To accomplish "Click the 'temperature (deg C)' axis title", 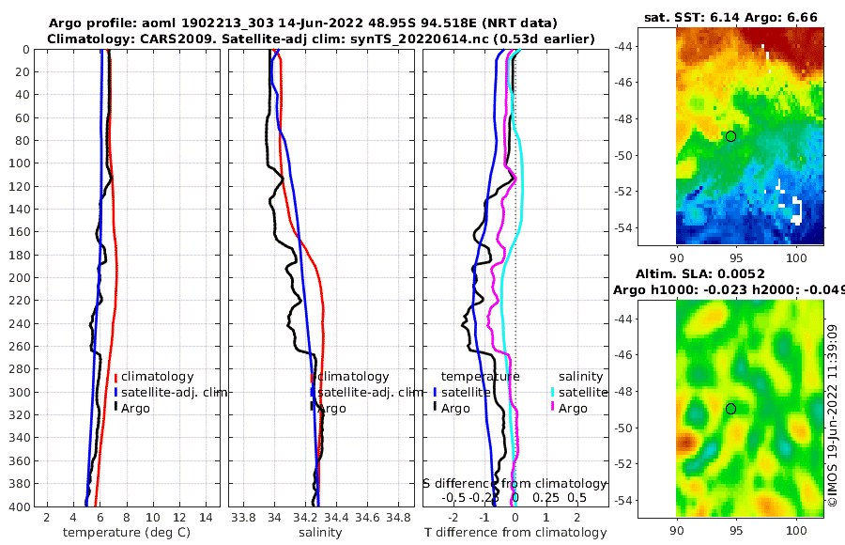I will (127, 533).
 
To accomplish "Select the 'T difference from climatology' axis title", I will (515, 533).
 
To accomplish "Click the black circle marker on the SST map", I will (730, 136).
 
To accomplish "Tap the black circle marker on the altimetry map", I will (730, 409).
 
